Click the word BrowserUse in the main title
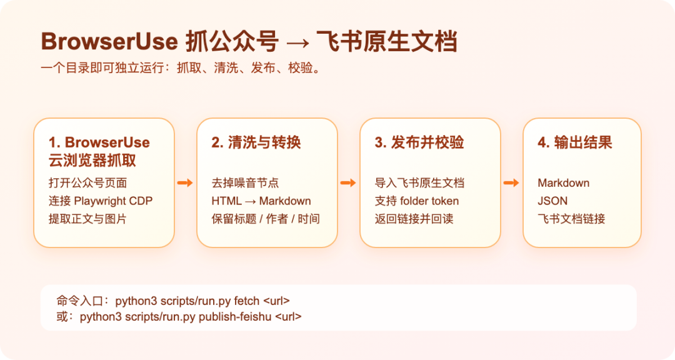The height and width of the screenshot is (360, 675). click(x=109, y=41)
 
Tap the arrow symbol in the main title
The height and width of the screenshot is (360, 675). click(x=297, y=42)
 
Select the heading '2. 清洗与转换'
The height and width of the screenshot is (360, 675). click(x=256, y=142)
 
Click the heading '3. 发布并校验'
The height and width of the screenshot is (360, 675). click(x=419, y=142)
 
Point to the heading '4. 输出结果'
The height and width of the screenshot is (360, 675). click(x=575, y=142)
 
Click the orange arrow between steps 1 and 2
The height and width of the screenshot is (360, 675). click(x=185, y=183)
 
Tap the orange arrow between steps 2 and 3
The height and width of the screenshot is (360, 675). click(x=348, y=183)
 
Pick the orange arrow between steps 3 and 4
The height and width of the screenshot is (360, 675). click(x=511, y=183)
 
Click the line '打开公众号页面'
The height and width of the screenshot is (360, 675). click(x=88, y=183)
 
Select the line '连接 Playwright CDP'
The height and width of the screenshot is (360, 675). click(x=101, y=201)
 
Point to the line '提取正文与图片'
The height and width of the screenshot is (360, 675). click(x=88, y=219)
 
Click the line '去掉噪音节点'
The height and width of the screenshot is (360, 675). click(x=246, y=183)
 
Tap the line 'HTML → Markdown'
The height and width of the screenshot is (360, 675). click(x=261, y=201)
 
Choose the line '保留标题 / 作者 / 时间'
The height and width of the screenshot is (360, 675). click(x=266, y=219)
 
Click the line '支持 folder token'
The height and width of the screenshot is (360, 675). click(x=417, y=201)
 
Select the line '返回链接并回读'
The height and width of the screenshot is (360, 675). click(x=414, y=219)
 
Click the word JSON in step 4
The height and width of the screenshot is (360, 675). click(x=552, y=201)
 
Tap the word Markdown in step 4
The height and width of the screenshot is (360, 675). click(x=564, y=183)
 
